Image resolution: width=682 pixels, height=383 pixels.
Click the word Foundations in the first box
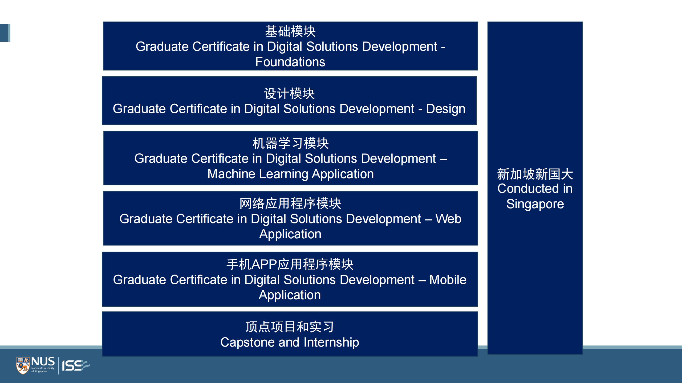tap(290, 62)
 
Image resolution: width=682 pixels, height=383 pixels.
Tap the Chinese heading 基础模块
tap(290, 31)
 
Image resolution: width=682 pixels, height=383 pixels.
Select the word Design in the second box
tap(446, 109)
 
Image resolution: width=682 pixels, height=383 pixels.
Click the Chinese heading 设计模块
tap(289, 94)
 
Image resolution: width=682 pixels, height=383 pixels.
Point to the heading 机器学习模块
tap(291, 143)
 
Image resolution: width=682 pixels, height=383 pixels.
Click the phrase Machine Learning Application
tap(291, 174)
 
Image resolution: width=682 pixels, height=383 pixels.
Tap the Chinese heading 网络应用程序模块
tap(290, 203)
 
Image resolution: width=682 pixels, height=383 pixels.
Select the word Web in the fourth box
tap(448, 219)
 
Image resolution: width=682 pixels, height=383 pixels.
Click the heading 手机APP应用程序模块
tap(290, 264)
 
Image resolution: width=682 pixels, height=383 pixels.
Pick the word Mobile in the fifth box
tap(448, 280)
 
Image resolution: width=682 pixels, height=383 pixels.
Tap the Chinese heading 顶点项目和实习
tap(290, 327)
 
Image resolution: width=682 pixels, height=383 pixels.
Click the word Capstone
tap(247, 342)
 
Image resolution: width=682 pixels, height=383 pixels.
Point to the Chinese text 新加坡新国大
tap(535, 174)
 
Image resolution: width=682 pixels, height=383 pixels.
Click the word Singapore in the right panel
tap(535, 204)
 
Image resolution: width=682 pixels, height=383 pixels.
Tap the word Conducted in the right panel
tap(528, 189)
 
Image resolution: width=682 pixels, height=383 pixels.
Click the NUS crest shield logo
tap(23, 366)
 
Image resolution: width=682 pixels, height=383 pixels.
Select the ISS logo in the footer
tap(76, 365)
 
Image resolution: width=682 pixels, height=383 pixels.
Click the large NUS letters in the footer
tap(43, 362)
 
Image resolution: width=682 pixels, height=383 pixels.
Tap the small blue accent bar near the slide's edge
tap(5, 33)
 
